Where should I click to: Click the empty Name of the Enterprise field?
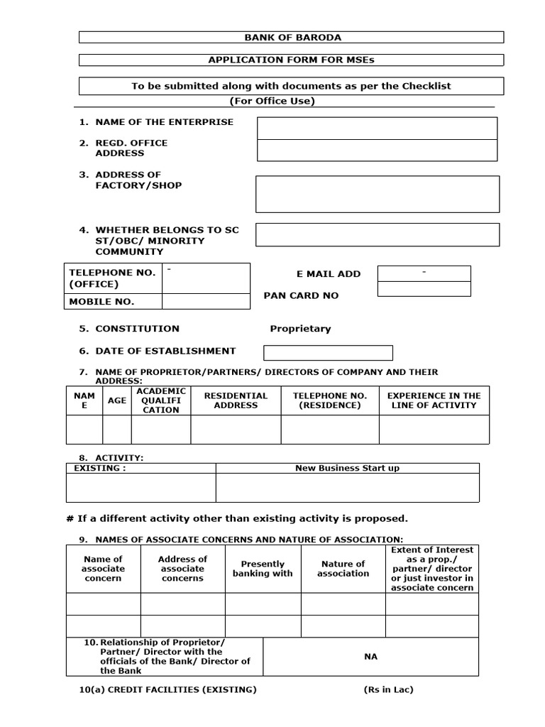pos(377,129)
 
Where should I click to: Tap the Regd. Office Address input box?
pos(377,151)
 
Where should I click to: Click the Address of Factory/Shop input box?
pos(377,195)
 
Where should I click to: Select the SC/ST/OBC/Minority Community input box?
pos(377,235)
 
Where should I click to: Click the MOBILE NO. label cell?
pos(101,302)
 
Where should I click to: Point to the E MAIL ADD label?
pos(329,274)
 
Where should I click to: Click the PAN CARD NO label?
pos(301,295)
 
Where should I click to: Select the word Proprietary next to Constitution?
pos(300,329)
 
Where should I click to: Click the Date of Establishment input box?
pos(328,353)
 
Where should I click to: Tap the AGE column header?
pos(117,400)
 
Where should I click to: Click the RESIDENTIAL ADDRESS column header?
pos(236,400)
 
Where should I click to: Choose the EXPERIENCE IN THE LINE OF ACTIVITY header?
pos(434,400)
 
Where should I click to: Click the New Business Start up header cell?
pos(347,469)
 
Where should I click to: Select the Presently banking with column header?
pos(263,569)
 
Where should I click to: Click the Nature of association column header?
pos(343,569)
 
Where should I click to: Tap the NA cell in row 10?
pos(370,657)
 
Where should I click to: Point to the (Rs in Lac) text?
pos(385,690)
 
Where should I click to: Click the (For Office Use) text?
pos(282,101)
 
